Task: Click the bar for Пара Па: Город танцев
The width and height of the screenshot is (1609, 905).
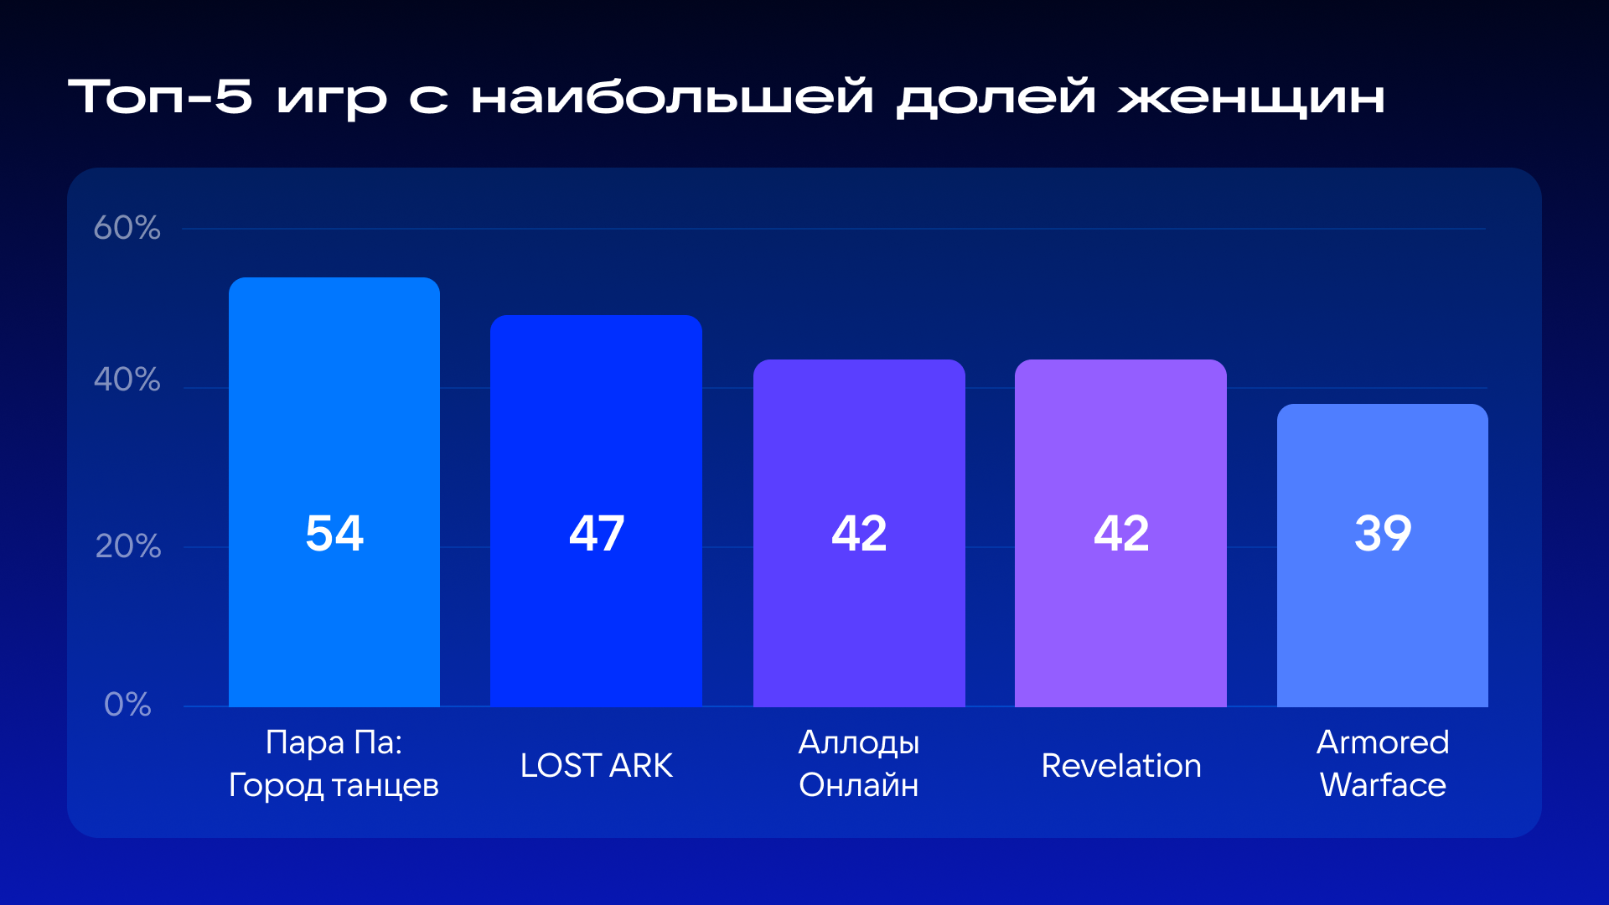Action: (x=334, y=492)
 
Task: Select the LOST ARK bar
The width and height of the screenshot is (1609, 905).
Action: (x=596, y=511)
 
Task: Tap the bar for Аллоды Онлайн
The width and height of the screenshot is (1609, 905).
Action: (x=859, y=533)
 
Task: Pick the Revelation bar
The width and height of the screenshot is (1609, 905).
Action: (x=1120, y=533)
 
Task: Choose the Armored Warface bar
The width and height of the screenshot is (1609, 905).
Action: (x=1383, y=556)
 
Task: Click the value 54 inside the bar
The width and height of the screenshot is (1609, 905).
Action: (x=334, y=533)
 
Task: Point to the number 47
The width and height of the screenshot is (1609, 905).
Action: (x=597, y=533)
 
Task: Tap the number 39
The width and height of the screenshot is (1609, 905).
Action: (x=1383, y=533)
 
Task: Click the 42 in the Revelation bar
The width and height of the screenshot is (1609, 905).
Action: (x=1121, y=533)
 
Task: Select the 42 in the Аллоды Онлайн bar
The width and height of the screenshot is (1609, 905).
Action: (x=859, y=533)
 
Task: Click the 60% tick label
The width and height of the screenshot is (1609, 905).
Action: (x=127, y=227)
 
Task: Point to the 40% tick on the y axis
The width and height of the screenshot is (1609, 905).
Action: (x=127, y=380)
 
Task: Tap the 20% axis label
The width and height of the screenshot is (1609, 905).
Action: (x=127, y=546)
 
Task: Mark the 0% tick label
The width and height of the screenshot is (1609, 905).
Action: (x=127, y=704)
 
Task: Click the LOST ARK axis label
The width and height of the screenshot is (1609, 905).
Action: (x=596, y=765)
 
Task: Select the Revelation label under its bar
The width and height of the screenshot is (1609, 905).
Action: (x=1121, y=765)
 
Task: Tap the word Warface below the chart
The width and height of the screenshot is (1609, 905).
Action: (x=1383, y=785)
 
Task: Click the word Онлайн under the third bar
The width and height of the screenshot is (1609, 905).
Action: (x=859, y=785)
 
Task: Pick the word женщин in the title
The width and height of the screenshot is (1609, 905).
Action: (x=1251, y=97)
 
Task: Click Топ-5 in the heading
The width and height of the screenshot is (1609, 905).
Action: (x=159, y=96)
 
